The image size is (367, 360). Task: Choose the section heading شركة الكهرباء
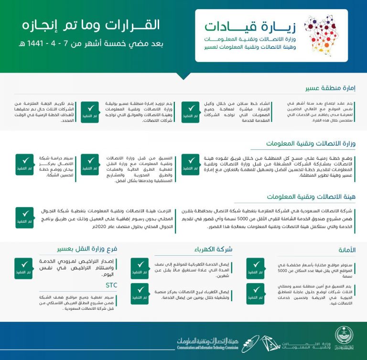click(213, 249)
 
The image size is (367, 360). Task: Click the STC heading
click(111, 285)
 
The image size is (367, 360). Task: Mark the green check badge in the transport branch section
click(23, 268)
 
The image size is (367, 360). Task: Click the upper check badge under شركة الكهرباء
click(140, 268)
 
